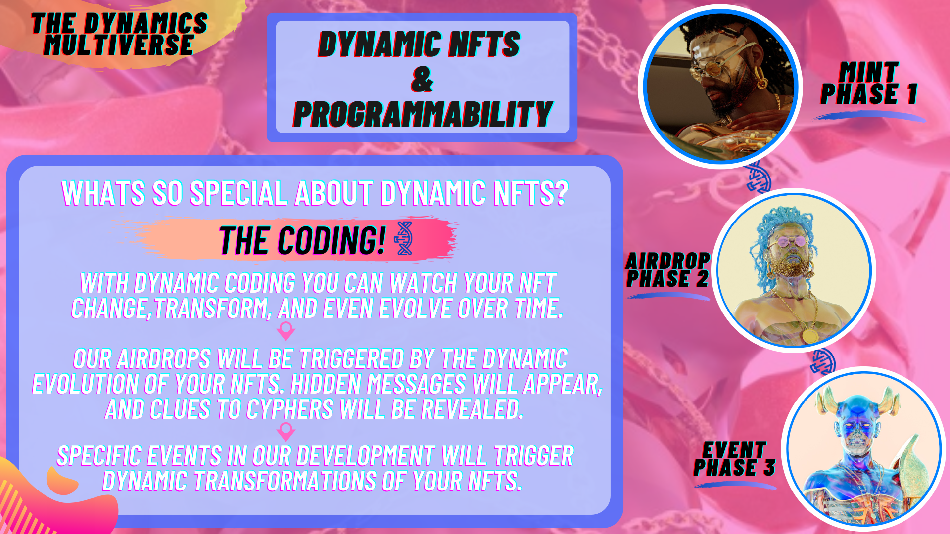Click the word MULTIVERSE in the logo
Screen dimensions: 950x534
tap(118, 45)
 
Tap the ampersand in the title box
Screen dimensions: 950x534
tap(422, 80)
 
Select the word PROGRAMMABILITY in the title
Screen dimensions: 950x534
tap(423, 114)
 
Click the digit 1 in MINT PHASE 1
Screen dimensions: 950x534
tap(912, 94)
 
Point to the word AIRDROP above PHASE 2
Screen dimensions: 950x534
tap(668, 261)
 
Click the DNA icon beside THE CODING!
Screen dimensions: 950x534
tap(404, 238)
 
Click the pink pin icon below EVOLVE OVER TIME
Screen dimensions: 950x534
tap(286, 331)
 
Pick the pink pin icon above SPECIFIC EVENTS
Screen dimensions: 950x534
tap(286, 432)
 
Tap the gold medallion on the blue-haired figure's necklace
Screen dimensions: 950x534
tap(810, 336)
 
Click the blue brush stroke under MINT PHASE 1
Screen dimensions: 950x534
tap(869, 116)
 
